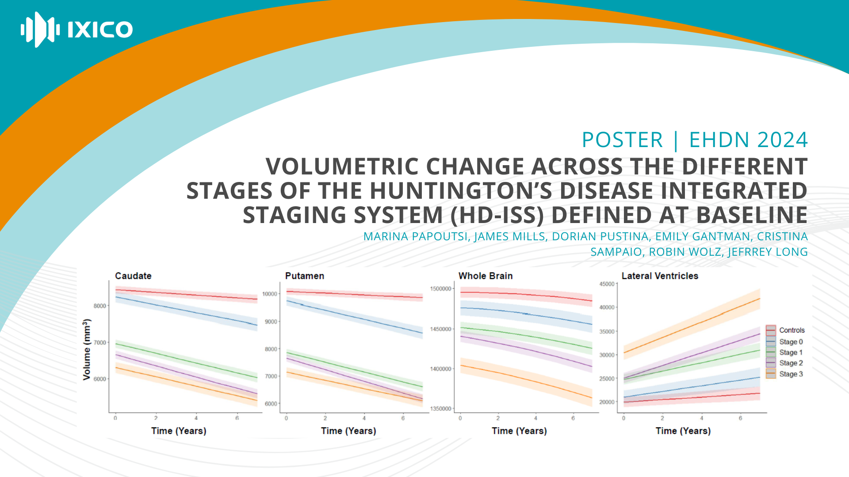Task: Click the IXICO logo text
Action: coord(100,30)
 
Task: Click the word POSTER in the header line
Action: coord(622,140)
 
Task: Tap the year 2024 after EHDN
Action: coord(782,140)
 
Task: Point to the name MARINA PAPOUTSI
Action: coord(415,237)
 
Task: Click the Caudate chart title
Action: coord(133,276)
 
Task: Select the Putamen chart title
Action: coord(305,276)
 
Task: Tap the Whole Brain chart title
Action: coord(486,276)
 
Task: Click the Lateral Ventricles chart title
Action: coord(660,276)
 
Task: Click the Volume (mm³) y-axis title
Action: coord(87,349)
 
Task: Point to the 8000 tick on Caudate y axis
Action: coord(100,306)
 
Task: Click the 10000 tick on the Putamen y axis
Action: coord(270,294)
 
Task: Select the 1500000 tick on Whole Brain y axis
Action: coord(441,289)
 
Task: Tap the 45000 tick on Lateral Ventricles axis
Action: coord(607,284)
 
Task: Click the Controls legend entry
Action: coord(792,330)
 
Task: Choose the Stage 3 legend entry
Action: coord(791,374)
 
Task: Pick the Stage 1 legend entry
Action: coord(791,352)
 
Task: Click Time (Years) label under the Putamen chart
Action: coord(348,431)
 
